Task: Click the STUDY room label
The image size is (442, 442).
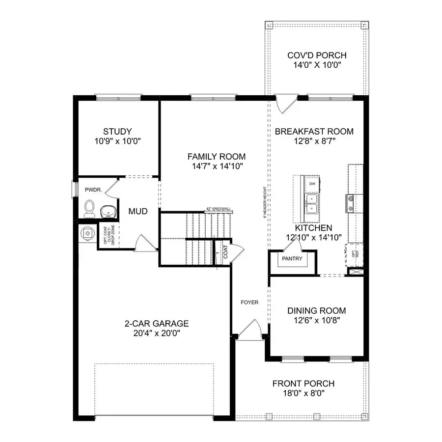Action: [x=117, y=131]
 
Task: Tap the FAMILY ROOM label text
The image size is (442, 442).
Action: [x=216, y=156]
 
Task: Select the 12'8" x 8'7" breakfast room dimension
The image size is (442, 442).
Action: [x=314, y=140]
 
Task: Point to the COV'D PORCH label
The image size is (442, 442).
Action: [x=317, y=55]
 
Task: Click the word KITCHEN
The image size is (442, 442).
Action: [x=313, y=228]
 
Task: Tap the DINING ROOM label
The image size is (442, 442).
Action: [x=316, y=310]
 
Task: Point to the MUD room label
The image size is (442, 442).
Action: [x=138, y=212]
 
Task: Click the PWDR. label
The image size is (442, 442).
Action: [x=92, y=189]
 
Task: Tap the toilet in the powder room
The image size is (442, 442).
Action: [x=89, y=209]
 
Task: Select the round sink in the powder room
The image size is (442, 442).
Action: [x=108, y=211]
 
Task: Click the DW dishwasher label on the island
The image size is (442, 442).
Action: [x=312, y=184]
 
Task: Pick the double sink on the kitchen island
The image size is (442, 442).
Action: [x=311, y=204]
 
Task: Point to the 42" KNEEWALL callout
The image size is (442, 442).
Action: [x=219, y=209]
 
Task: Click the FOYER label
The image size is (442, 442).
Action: [x=249, y=303]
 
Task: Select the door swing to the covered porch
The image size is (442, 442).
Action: [x=285, y=103]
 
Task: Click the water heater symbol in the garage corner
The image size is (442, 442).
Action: [x=87, y=234]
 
